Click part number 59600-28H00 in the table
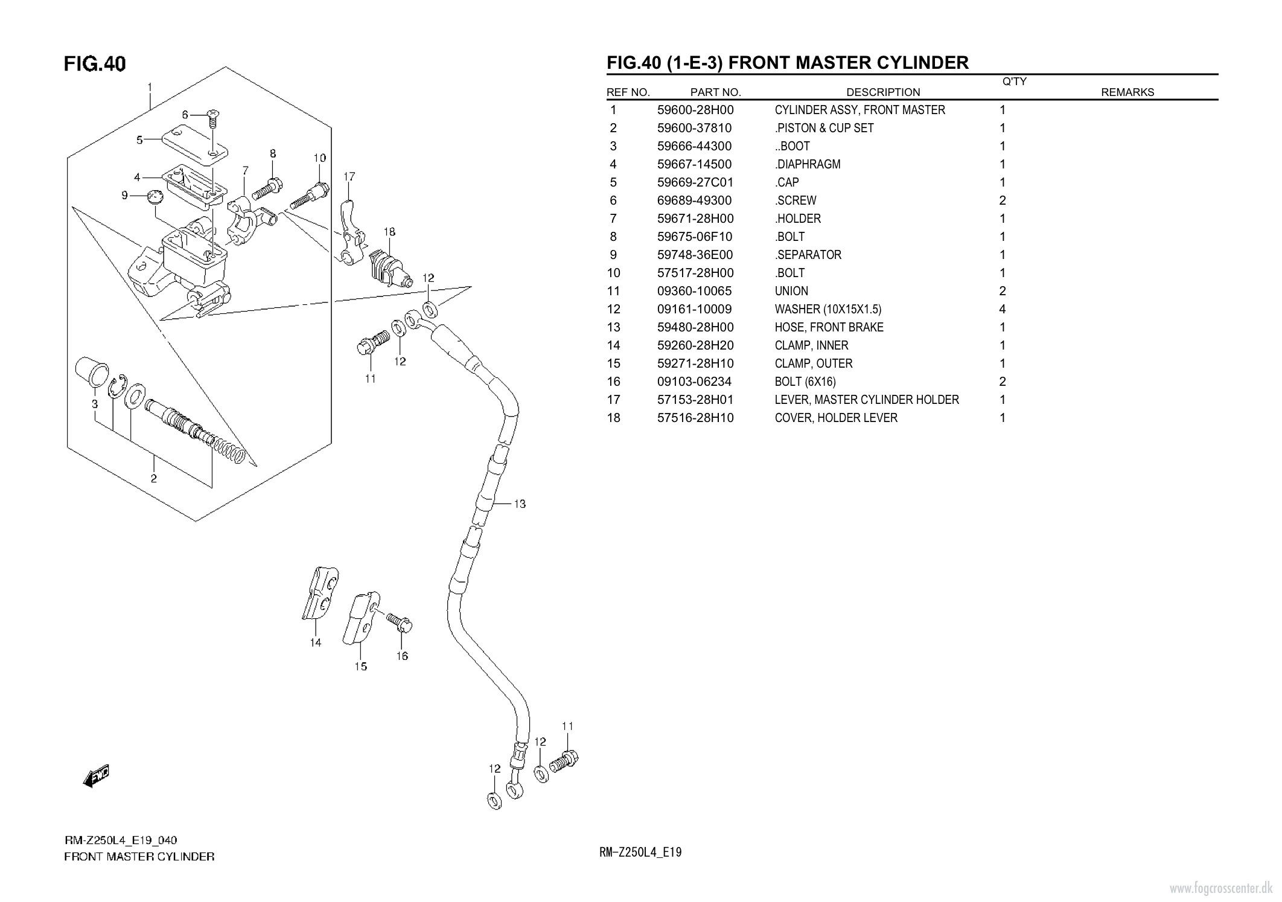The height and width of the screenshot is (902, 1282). [695, 110]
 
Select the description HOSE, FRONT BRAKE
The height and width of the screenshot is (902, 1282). [829, 327]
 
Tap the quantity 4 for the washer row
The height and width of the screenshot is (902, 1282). [1002, 309]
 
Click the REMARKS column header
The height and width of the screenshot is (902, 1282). [1127, 92]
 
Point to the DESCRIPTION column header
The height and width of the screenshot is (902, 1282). [883, 92]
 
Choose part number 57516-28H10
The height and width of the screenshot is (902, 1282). [695, 418]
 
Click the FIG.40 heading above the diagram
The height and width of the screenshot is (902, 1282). [95, 63]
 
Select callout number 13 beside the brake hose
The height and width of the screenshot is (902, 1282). [520, 504]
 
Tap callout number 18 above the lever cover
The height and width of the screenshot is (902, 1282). [389, 232]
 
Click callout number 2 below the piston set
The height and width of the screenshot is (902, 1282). [154, 479]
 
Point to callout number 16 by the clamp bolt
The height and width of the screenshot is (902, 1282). [402, 656]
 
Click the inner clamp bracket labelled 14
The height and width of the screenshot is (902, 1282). [319, 594]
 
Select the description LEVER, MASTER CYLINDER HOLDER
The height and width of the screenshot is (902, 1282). [866, 400]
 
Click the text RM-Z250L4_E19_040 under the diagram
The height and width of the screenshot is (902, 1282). [121, 840]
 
